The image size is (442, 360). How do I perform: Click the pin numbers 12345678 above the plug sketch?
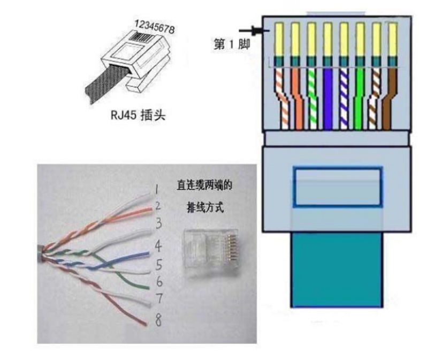155,26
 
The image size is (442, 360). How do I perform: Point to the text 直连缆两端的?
206,185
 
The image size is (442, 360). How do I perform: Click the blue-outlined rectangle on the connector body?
337,187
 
